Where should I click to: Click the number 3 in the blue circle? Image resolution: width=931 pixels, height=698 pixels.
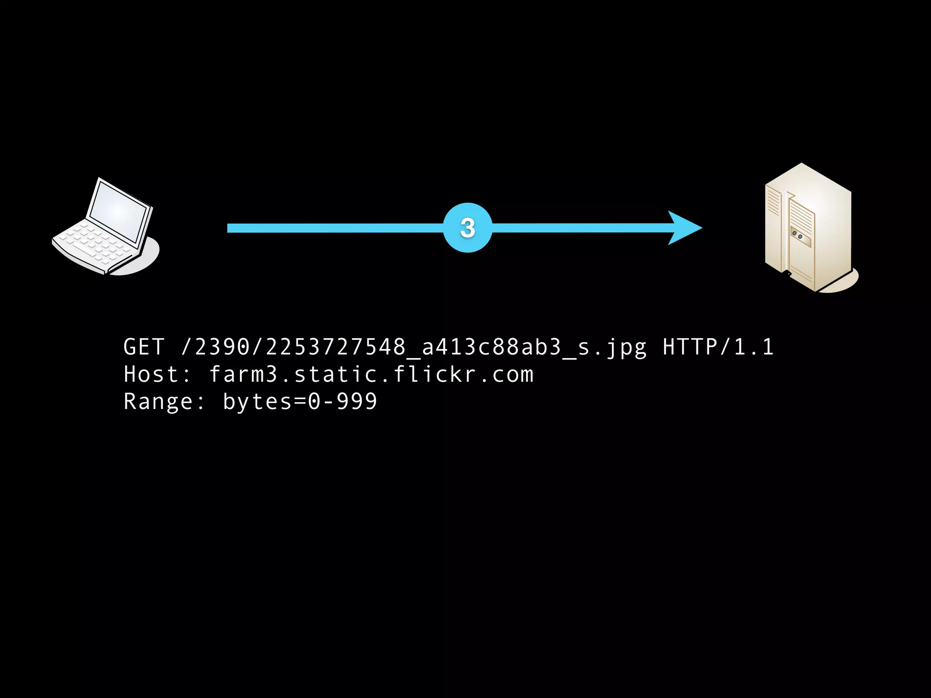coord(467,228)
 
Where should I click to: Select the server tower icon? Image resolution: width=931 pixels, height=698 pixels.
coord(808,227)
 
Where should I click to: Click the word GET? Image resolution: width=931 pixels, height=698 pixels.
coord(144,347)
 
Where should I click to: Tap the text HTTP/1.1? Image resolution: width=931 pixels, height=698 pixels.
coord(718,347)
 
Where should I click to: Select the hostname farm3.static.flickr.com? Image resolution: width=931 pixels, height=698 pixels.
coord(371,375)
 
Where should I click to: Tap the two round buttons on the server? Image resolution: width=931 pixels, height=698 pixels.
coord(797,235)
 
